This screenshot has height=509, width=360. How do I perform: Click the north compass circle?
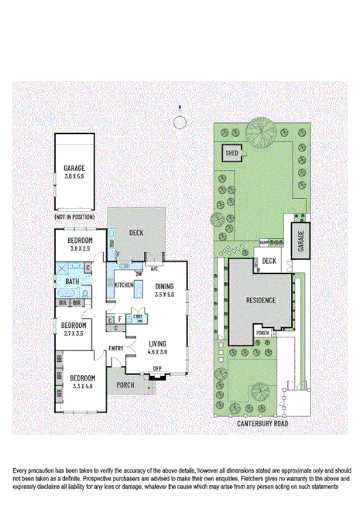point(180,122)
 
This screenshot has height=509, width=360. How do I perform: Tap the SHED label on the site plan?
point(231,152)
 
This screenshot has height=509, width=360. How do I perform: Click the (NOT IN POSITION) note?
point(74,217)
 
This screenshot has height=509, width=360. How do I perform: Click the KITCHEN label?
point(125,285)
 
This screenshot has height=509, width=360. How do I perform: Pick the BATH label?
point(72,282)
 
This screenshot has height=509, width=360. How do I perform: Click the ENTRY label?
point(116,348)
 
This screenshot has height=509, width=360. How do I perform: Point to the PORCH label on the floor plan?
point(125,384)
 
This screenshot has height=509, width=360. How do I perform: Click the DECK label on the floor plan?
point(136,232)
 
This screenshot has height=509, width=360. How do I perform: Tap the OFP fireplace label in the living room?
point(156,367)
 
